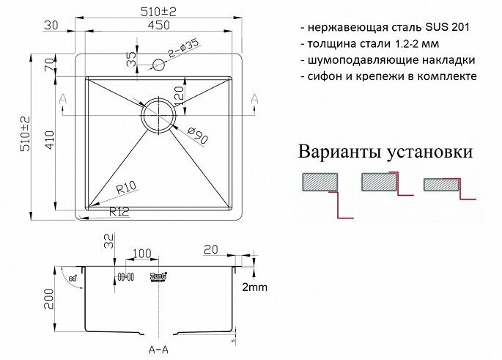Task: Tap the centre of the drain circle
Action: coord(159,114)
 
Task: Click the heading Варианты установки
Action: coord(384,153)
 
